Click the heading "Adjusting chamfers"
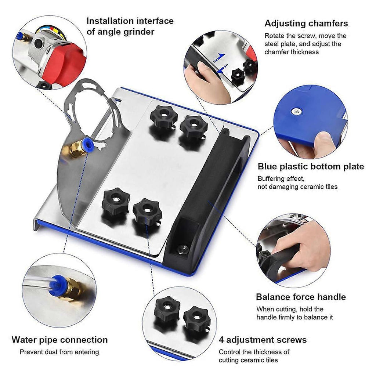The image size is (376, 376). point(306,23)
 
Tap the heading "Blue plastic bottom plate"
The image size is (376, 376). point(311,166)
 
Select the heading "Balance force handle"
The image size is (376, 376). point(301,297)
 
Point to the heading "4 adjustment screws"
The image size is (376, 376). point(263,340)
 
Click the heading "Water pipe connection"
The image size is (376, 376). point(60,340)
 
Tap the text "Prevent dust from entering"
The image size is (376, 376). point(59,352)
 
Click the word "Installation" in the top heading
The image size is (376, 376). point(109,21)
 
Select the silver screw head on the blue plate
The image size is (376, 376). point(297,111)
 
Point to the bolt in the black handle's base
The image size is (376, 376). point(183,249)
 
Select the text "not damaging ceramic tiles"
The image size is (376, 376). point(297,187)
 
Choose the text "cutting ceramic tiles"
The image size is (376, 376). point(248,360)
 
